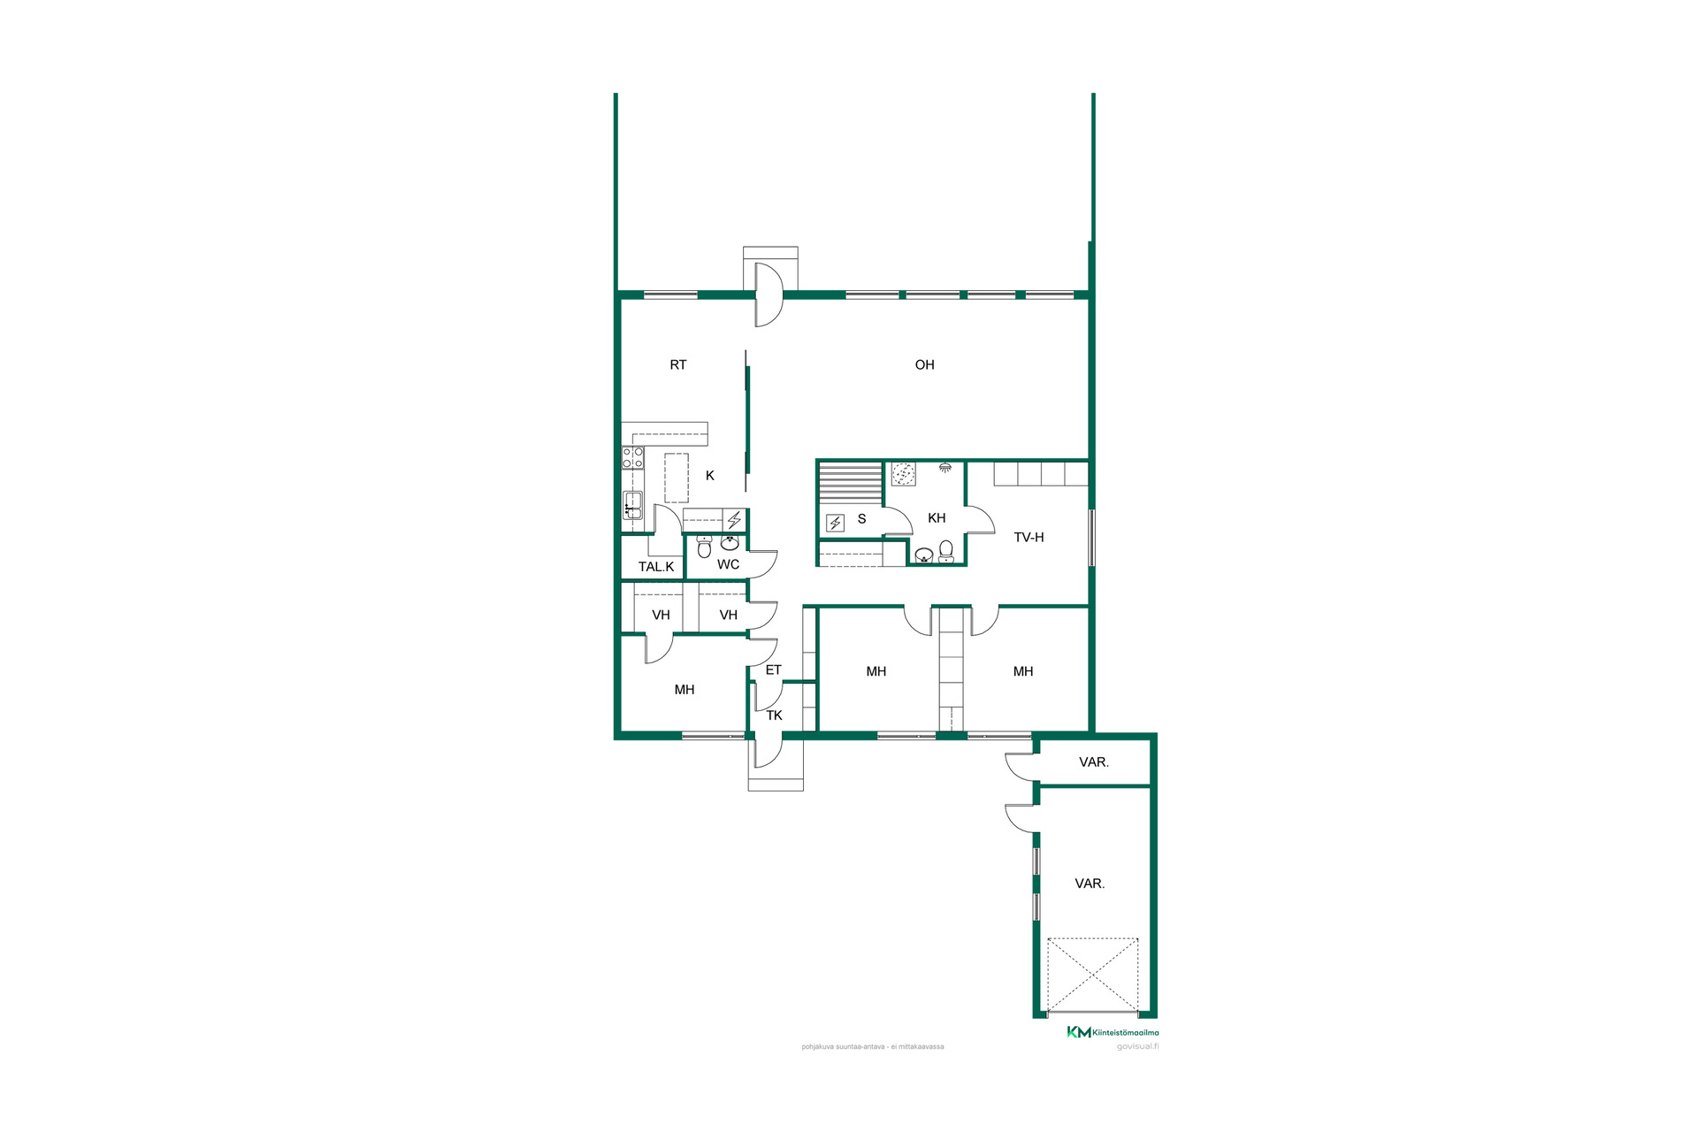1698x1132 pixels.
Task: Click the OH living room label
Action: tap(924, 364)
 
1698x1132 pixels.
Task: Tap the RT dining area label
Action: tap(678, 364)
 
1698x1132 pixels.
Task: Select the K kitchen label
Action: tap(710, 476)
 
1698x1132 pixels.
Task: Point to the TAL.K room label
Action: tap(656, 567)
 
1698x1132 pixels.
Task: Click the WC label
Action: tap(728, 564)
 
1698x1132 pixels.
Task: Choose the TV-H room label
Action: tap(1029, 537)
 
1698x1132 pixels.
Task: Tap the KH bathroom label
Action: tap(937, 518)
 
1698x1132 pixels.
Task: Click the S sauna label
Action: tap(862, 519)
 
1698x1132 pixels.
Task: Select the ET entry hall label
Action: tap(774, 670)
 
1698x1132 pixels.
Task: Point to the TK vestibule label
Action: tap(775, 715)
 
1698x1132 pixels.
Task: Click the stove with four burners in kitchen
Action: tap(633, 457)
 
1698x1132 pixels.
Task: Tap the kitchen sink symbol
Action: tap(632, 505)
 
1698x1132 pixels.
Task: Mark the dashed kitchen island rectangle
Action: tap(677, 478)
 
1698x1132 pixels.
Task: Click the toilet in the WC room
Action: tap(704, 547)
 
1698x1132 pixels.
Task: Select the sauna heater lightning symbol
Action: tap(835, 524)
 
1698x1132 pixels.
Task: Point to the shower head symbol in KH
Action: tap(945, 466)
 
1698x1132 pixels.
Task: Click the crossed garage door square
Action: tap(1093, 975)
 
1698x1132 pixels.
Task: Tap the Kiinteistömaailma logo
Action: tap(1113, 1032)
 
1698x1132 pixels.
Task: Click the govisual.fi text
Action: tap(1137, 1047)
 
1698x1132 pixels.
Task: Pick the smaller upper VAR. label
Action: tap(1094, 762)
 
